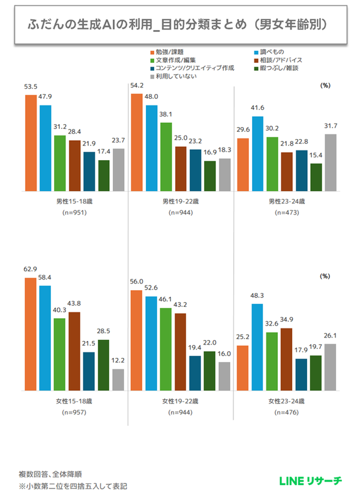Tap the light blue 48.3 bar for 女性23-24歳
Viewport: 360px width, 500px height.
pos(258,347)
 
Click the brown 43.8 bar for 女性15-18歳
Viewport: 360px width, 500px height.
pos(74,351)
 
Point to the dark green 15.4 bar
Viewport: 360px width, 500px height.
pos(316,177)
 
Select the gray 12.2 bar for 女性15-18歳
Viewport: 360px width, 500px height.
pos(118,379)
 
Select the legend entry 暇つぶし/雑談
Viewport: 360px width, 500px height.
pos(282,68)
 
